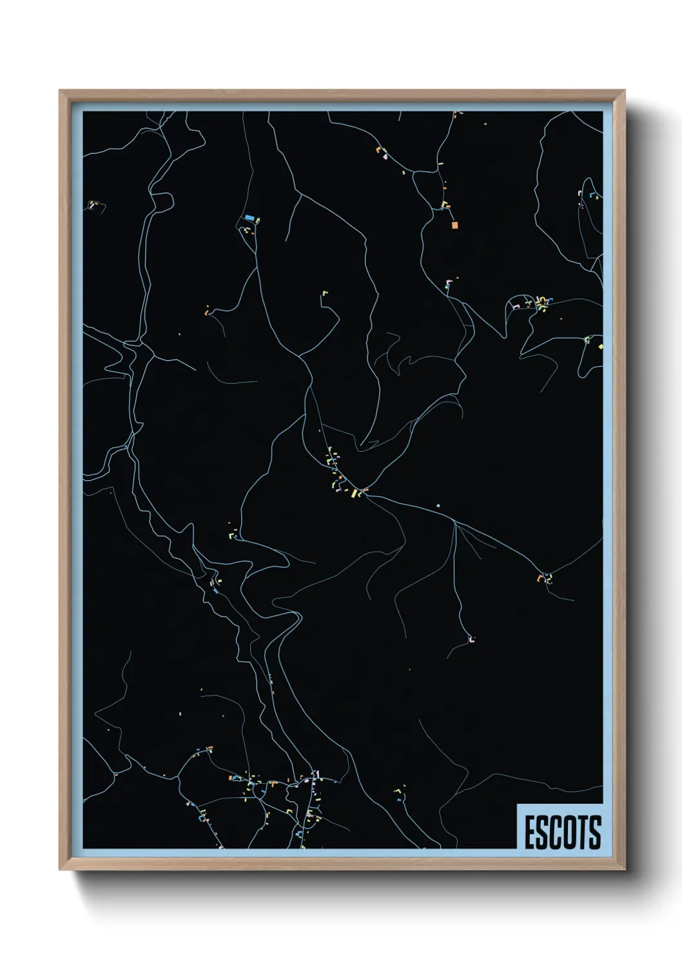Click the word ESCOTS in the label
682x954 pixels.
coord(563,832)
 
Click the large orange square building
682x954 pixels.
coord(454,225)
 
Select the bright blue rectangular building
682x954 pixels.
coord(248,218)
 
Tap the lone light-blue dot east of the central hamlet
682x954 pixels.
coord(438,506)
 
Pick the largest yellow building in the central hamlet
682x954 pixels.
coord(354,494)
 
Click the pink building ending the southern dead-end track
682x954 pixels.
coord(471,639)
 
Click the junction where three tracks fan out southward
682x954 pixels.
coord(455,523)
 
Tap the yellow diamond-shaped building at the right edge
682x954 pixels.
coord(600,346)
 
